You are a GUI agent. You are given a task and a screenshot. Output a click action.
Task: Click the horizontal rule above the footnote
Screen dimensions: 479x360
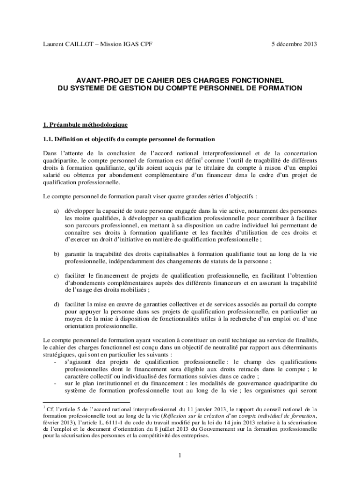tap(86, 402)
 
